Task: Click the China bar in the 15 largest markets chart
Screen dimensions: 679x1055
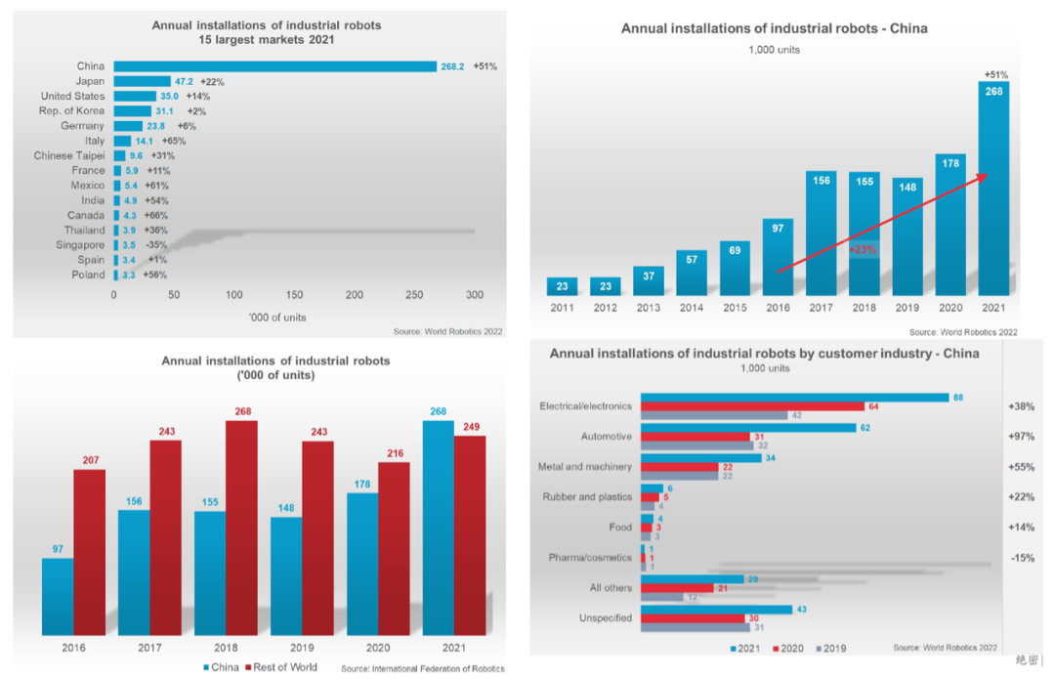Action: pos(274,66)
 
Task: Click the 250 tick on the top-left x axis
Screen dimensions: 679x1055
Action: pos(414,294)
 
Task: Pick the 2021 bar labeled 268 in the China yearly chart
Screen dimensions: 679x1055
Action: pos(992,186)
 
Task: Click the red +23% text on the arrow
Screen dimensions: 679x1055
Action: pos(864,249)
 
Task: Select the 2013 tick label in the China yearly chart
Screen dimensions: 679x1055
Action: pos(648,309)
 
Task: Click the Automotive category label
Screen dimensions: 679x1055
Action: pos(606,437)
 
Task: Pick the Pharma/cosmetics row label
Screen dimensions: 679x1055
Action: pos(585,558)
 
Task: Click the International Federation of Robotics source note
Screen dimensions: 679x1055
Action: pos(421,669)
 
